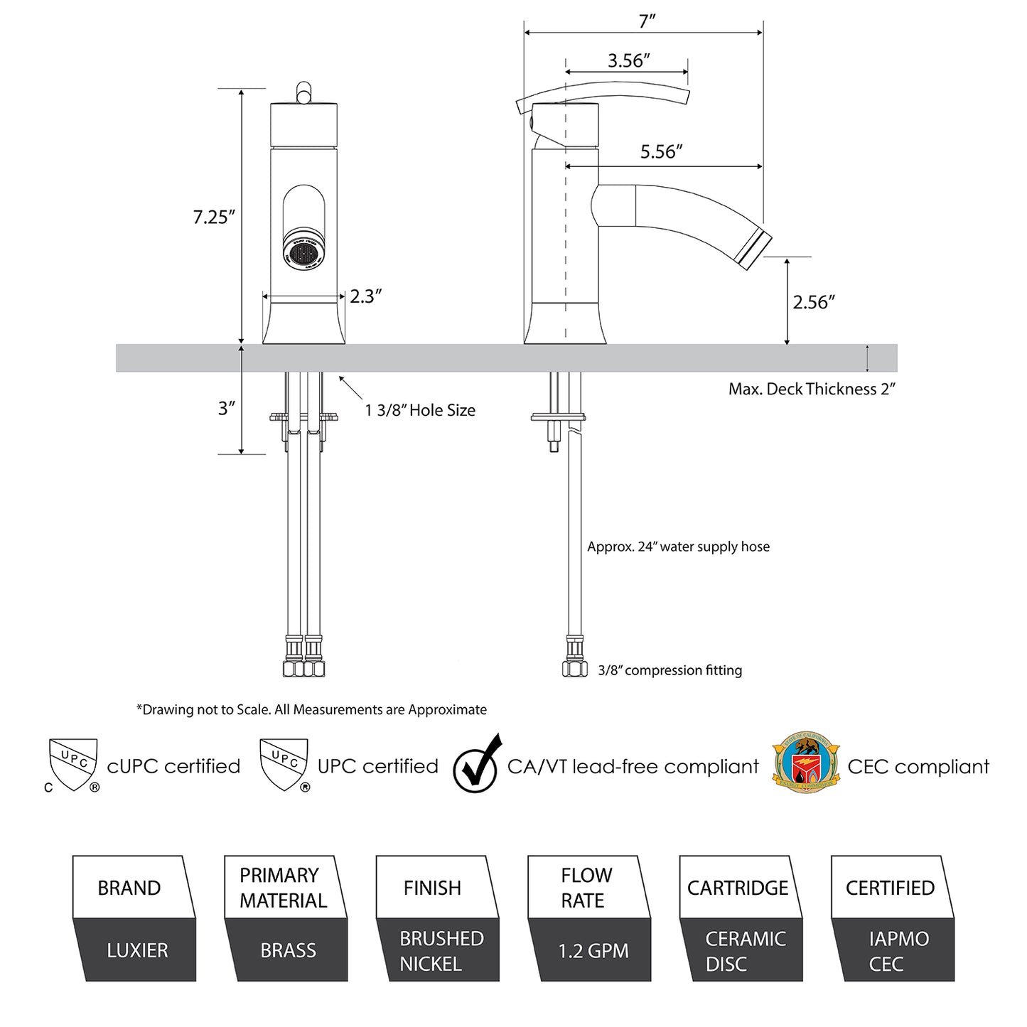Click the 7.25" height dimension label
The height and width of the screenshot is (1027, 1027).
point(214,217)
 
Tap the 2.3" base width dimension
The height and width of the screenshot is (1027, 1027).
point(365,296)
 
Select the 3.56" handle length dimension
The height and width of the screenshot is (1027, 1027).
point(628,61)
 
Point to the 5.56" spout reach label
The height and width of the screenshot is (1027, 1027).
point(661,151)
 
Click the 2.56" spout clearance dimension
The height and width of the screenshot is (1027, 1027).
point(813,302)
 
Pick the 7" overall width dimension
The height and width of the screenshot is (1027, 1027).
point(646,21)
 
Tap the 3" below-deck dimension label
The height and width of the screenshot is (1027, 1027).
point(226,408)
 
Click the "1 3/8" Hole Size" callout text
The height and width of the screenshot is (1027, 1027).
point(420,410)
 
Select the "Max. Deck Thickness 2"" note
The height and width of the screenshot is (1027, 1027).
point(811,389)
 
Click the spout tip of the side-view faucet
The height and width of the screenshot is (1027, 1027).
point(753,248)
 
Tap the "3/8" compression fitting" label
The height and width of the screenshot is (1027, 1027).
point(670,670)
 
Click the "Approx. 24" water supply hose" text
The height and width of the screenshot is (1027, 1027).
point(678,547)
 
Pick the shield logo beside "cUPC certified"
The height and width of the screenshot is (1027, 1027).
point(72,765)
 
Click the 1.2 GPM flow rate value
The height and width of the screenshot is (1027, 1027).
point(593,951)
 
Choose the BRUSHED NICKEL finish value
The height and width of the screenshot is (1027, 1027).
point(441,951)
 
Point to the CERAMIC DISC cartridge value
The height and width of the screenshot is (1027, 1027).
point(745,951)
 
